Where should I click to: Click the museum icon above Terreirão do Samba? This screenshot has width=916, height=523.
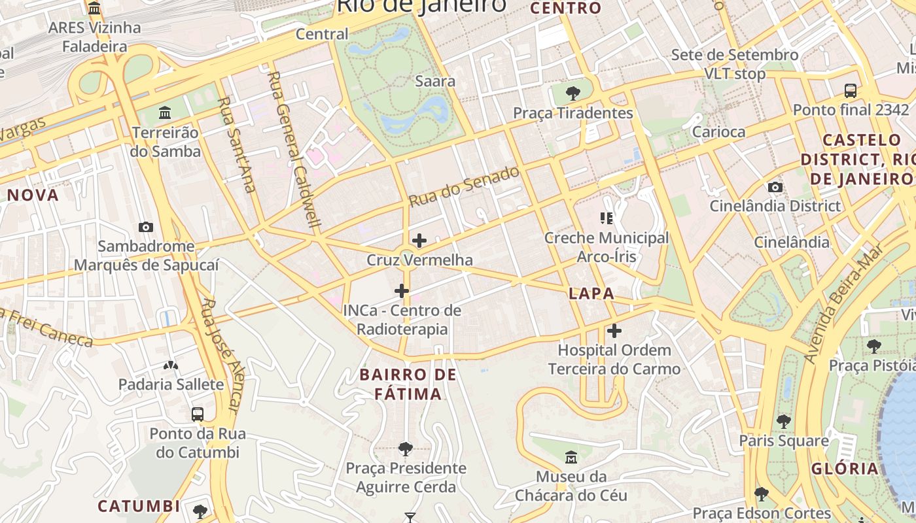tap(165, 112)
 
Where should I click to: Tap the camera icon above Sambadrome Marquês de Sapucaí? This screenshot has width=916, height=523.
tap(146, 227)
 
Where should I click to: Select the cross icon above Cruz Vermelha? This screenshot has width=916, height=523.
tap(419, 241)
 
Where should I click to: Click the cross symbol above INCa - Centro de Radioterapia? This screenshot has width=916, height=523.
tap(402, 291)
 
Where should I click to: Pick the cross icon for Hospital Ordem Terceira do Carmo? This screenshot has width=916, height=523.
tap(614, 331)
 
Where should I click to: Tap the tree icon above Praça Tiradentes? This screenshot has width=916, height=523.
tap(572, 93)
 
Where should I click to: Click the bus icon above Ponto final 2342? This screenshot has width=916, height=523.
tap(851, 90)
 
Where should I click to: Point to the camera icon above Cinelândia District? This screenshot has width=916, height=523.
tap(775, 187)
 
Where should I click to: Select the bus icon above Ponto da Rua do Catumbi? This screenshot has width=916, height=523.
tap(198, 414)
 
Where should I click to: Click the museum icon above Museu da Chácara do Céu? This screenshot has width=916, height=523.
tap(571, 457)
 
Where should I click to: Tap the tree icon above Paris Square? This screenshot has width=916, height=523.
tap(784, 422)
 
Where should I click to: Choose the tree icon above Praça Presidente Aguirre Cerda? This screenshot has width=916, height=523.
tap(406, 448)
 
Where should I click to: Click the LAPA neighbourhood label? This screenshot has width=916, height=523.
tap(591, 294)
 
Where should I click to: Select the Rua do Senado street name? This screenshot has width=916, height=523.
tap(465, 186)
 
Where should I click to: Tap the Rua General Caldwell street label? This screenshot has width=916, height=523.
tap(294, 149)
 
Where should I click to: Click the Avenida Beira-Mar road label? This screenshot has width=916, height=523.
tap(845, 303)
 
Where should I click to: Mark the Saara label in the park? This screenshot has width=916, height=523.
tap(435, 81)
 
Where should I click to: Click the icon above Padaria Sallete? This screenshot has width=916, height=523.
tap(171, 365)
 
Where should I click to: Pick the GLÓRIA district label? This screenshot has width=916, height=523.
tap(845, 468)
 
